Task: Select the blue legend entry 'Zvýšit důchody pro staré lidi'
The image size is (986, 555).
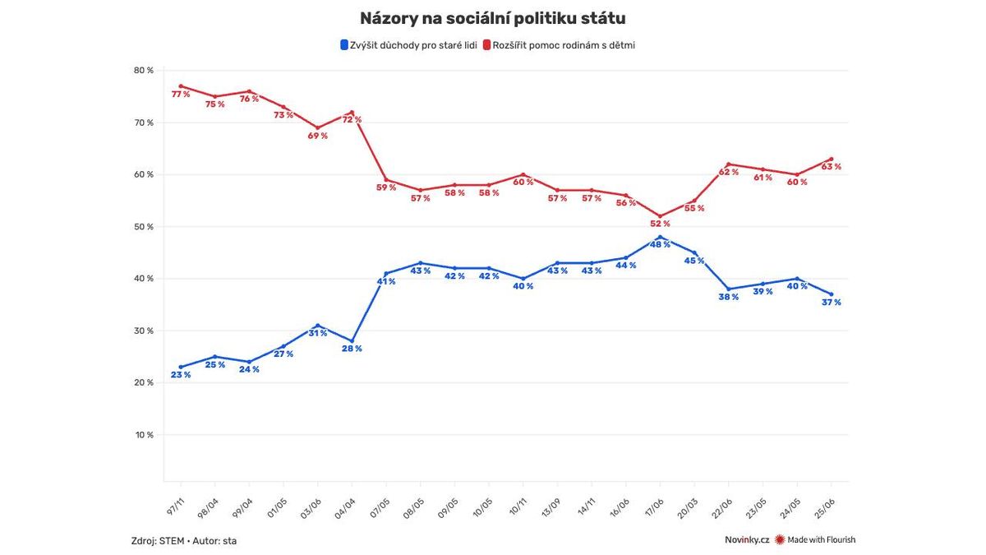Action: (408, 45)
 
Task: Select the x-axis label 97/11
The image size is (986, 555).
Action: (175, 501)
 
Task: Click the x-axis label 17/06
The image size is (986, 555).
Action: (655, 501)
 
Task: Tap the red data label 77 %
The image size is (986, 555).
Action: (180, 95)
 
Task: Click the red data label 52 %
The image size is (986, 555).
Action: (660, 224)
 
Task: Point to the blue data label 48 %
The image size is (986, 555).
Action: (660, 244)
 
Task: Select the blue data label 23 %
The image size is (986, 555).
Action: (180, 375)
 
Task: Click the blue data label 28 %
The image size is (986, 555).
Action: (352, 349)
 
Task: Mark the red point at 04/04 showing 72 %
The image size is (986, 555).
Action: (352, 113)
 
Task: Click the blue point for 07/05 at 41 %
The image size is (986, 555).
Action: (386, 274)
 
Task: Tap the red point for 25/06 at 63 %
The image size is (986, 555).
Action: (832, 159)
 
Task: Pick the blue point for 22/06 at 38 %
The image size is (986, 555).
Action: (729, 289)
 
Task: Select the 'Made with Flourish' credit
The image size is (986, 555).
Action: (821, 540)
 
